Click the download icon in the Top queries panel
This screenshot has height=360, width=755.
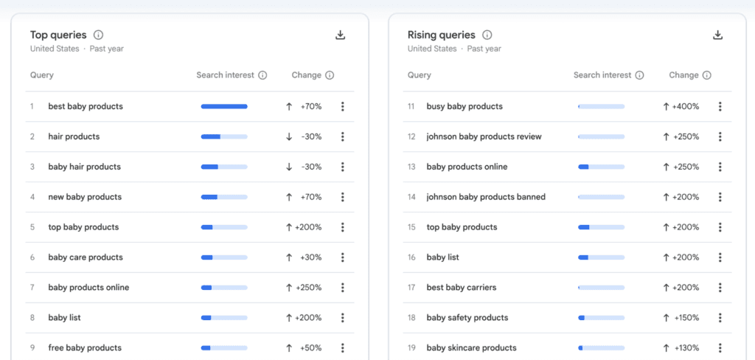tap(340, 35)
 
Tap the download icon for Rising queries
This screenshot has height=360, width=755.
tap(717, 35)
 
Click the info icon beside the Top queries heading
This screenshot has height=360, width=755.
tap(99, 35)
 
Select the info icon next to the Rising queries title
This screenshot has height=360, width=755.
tap(487, 35)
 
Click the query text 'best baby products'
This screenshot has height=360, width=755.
tap(86, 106)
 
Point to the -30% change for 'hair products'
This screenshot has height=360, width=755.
tap(310, 136)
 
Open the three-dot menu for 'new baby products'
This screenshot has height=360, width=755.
tap(342, 197)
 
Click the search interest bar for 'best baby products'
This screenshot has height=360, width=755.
tap(224, 106)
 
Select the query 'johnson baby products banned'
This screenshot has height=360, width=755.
tap(486, 197)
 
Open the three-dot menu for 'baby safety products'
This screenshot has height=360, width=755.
tap(720, 318)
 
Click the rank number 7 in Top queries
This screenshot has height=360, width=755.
tap(32, 288)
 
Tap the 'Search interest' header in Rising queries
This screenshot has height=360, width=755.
tap(602, 75)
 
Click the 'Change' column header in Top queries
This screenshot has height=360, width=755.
tap(306, 75)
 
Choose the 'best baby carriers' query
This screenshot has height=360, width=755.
tap(462, 288)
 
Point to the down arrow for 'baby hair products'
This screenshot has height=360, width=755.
tap(289, 167)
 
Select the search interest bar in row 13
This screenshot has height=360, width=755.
tap(602, 167)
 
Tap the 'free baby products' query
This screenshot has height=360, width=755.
tap(85, 348)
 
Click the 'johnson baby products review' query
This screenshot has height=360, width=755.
tap(484, 136)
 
